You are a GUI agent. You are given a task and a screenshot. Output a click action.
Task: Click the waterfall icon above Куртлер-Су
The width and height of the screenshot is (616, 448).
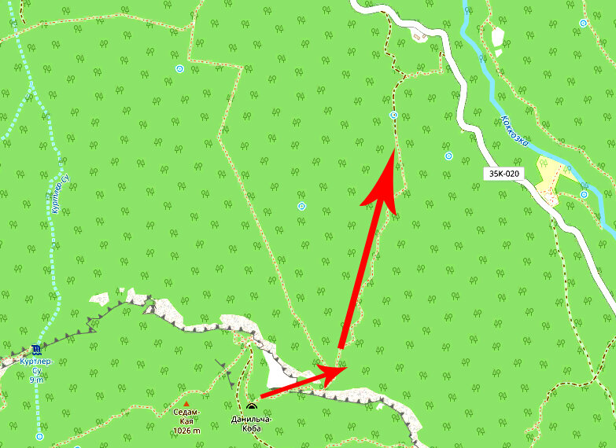[x=36, y=350]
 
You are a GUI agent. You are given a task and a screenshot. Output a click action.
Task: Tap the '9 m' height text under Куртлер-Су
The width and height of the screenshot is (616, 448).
[x=36, y=380]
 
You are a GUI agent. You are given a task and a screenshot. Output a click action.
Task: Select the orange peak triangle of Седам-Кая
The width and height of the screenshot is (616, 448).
[x=186, y=404]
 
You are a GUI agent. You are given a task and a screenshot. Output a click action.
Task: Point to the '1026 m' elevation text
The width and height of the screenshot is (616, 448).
[x=186, y=431]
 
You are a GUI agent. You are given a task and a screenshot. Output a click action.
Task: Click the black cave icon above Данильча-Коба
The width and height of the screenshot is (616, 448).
[x=251, y=406]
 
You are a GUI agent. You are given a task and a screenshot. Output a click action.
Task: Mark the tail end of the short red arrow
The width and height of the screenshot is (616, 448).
[x=260, y=397]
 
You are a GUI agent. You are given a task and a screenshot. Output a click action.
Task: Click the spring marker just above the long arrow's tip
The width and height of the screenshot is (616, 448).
[x=393, y=116]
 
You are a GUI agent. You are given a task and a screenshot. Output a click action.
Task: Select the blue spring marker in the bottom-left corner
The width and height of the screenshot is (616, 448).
[x=39, y=435]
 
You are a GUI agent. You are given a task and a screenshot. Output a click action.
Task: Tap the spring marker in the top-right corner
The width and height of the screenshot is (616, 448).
[x=583, y=23]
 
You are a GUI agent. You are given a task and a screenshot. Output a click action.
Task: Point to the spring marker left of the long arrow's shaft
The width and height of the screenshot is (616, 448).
[x=301, y=206]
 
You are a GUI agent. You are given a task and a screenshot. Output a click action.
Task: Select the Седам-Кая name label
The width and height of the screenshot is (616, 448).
[x=186, y=417]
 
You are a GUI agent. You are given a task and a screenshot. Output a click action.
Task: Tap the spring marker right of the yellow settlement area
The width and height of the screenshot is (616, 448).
[x=584, y=194]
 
